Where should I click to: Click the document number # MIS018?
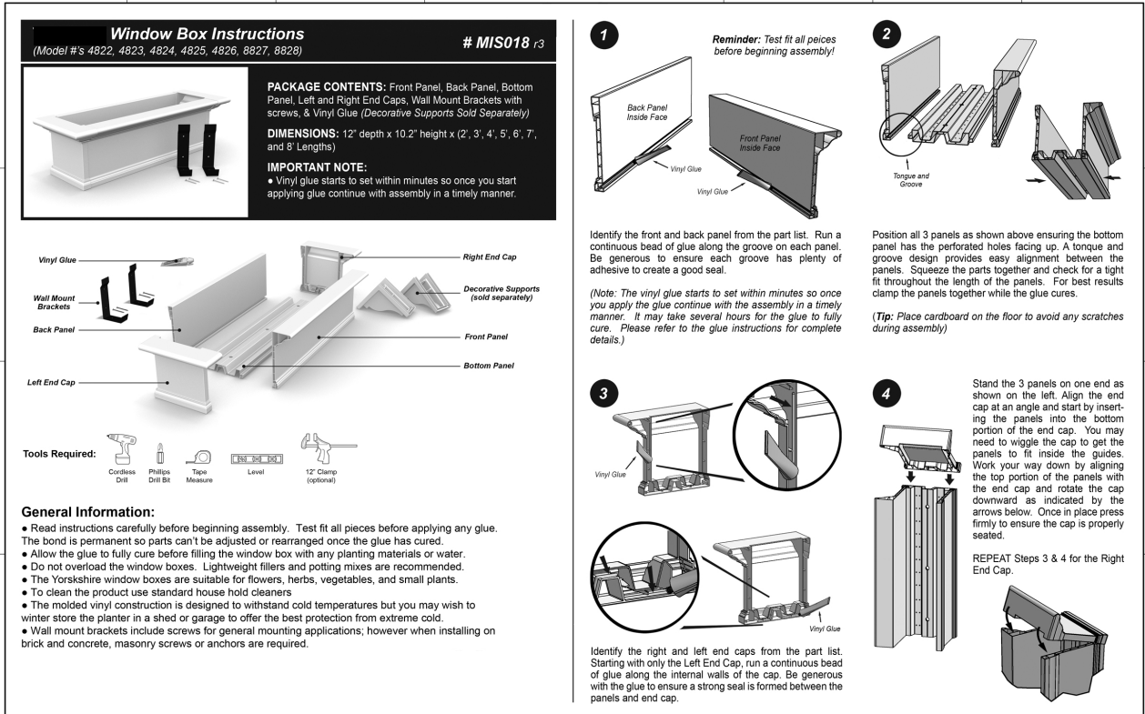(x=497, y=43)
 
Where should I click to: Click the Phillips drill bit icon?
(x=160, y=451)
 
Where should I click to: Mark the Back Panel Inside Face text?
(x=648, y=112)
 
